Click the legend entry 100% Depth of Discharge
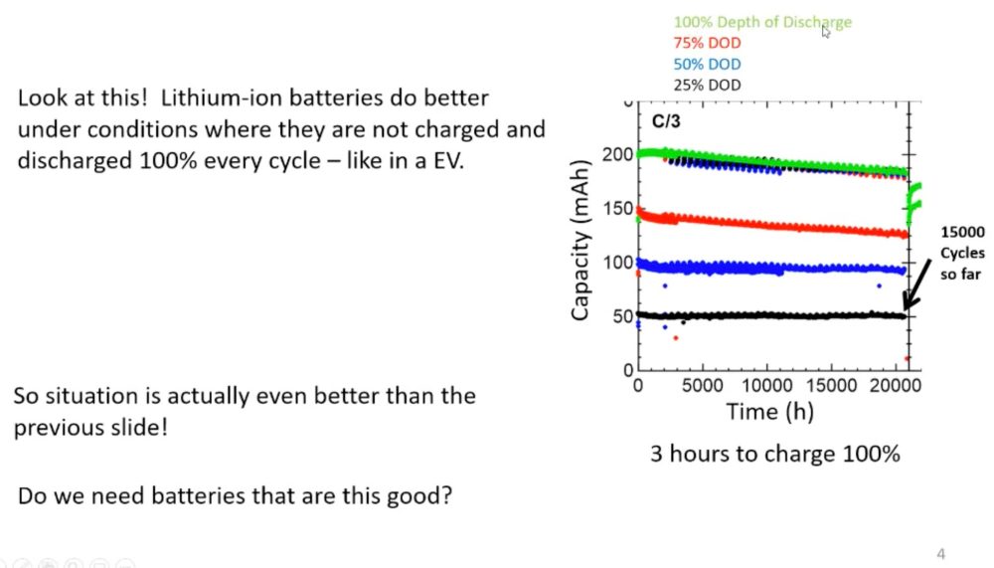[x=762, y=22]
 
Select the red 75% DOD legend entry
[x=707, y=44]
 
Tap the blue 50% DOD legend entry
[x=707, y=65]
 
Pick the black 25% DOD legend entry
[x=707, y=86]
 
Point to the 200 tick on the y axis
[x=617, y=155]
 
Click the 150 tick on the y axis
[x=617, y=209]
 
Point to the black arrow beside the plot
[x=918, y=284]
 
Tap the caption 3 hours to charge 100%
[x=774, y=454]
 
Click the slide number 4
[x=940, y=553]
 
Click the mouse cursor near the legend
[x=825, y=31]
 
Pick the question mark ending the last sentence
[x=447, y=495]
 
